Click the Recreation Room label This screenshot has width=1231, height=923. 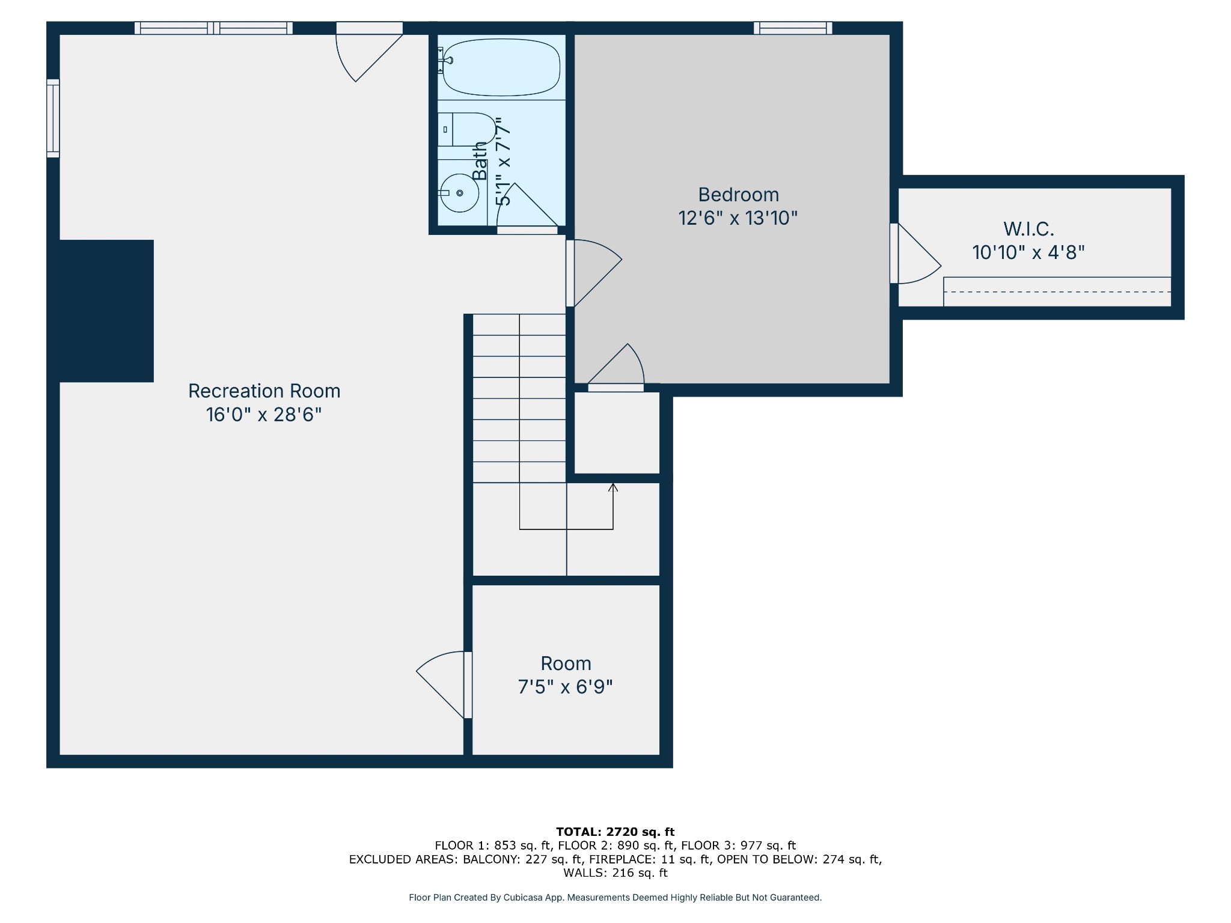[x=264, y=391]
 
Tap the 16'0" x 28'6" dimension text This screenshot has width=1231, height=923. [x=264, y=415]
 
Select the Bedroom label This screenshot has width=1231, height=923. [x=738, y=195]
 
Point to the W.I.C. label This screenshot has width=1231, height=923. [x=1028, y=229]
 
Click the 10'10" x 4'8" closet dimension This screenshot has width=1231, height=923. [x=1028, y=252]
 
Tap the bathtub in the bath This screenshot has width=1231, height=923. [x=501, y=67]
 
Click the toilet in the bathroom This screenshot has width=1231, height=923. [x=466, y=129]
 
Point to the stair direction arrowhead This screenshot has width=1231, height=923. [x=613, y=487]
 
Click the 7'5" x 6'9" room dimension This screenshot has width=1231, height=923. [x=566, y=687]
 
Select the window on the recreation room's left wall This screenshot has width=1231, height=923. [x=53, y=118]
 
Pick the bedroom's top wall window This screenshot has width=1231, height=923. [x=793, y=28]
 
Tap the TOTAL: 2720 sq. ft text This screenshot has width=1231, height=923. [x=615, y=832]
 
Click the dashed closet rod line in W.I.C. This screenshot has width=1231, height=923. [x=1057, y=292]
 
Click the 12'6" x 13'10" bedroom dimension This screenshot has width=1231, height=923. [x=738, y=218]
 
